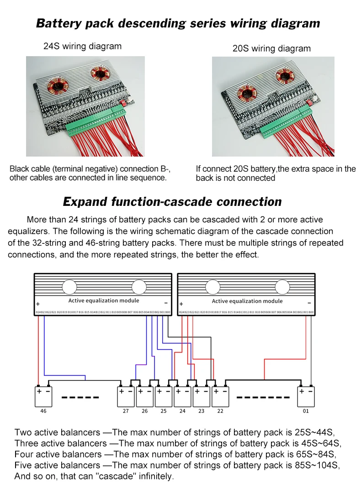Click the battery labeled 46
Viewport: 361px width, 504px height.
(x=43, y=396)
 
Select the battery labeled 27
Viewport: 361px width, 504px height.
(x=126, y=396)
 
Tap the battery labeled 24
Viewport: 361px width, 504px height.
(x=182, y=396)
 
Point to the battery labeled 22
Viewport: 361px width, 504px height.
(x=220, y=396)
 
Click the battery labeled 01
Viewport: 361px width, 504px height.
(x=306, y=396)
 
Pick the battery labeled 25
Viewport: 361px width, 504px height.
(x=163, y=396)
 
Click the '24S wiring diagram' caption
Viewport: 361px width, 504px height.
(x=83, y=46)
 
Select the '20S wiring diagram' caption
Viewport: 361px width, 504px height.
(x=271, y=48)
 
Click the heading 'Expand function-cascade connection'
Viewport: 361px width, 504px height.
(x=172, y=201)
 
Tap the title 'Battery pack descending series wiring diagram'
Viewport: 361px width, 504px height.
(x=178, y=23)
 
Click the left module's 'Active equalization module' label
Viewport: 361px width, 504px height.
(x=104, y=300)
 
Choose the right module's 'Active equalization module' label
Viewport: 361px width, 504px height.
(x=247, y=301)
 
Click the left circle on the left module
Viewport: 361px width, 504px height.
(x=69, y=287)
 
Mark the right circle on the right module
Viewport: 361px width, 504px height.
(x=282, y=287)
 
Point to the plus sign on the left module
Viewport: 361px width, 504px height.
(x=38, y=304)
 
